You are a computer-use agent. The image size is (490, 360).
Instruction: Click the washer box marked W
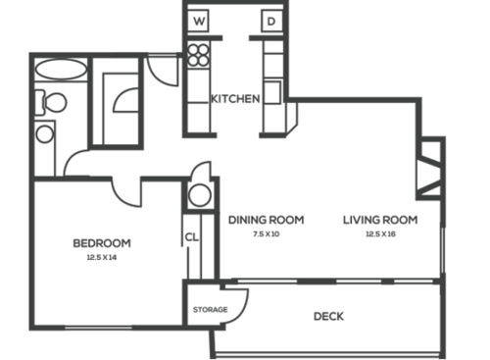tap(200, 21)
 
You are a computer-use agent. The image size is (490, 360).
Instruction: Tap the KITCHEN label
tap(235, 98)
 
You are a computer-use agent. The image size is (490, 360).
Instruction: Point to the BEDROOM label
tap(102, 242)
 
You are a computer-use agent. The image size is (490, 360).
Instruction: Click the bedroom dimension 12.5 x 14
tap(102, 258)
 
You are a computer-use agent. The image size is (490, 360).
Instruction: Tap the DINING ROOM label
tap(266, 220)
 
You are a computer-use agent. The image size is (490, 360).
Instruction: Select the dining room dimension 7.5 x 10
tap(266, 234)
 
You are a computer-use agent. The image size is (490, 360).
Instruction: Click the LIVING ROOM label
tap(380, 220)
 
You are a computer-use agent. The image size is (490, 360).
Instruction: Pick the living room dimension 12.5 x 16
tap(380, 234)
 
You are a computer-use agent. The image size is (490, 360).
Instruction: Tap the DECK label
tap(328, 316)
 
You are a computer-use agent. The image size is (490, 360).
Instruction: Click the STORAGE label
tap(210, 310)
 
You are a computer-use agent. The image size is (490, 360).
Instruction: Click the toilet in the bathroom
tap(53, 101)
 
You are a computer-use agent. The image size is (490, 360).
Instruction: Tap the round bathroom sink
tap(45, 133)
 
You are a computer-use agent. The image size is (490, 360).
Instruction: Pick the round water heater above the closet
tap(200, 194)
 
